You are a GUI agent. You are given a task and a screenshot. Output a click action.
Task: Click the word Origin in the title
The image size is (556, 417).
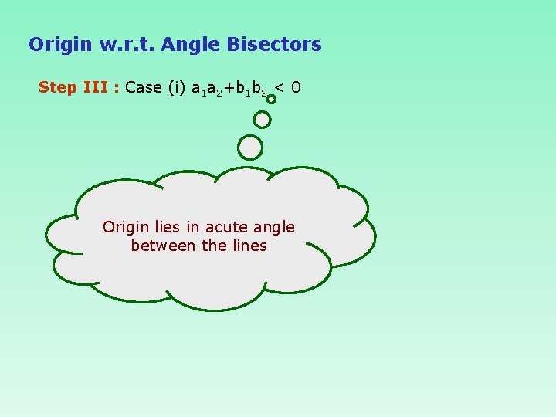tap(60, 45)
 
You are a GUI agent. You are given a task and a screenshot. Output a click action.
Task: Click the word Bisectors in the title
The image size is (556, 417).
tap(274, 45)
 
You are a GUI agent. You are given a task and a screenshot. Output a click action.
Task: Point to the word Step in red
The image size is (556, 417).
tap(58, 87)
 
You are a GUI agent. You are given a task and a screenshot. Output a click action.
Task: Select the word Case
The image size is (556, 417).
tap(144, 87)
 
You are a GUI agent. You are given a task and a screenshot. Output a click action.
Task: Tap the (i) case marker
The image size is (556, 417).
tap(177, 87)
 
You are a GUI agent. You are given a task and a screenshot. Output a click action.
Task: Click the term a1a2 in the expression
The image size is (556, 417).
tap(206, 88)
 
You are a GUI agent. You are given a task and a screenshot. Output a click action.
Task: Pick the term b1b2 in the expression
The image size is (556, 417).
tap(253, 88)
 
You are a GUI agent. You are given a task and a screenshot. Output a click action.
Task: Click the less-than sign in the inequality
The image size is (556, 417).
tap(280, 87)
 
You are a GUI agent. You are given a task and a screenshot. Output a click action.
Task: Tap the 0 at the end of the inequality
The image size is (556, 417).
tap(297, 87)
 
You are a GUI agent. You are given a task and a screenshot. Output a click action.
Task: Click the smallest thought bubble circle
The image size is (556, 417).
tap(271, 99)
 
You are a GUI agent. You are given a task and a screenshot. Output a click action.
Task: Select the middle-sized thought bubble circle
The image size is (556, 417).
tap(263, 120)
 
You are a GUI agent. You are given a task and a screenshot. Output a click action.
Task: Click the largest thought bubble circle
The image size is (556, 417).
tap(250, 147)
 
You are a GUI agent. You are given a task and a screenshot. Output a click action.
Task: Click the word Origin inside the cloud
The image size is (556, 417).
tap(126, 227)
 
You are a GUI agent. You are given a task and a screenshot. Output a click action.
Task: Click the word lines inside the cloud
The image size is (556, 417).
tap(249, 246)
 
